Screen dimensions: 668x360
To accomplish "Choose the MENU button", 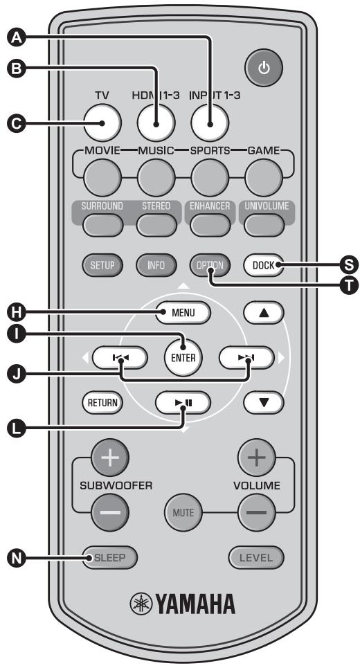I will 182,312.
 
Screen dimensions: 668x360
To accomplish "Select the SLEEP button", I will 109,556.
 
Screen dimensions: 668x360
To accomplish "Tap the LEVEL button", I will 257,556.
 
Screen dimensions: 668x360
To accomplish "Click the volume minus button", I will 255,513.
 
